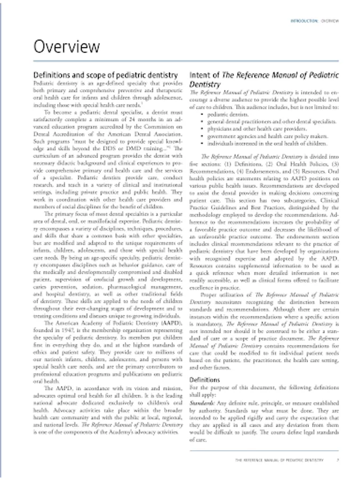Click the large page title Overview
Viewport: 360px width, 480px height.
click(67, 47)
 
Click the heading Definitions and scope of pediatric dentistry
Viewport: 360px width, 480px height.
click(105, 76)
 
